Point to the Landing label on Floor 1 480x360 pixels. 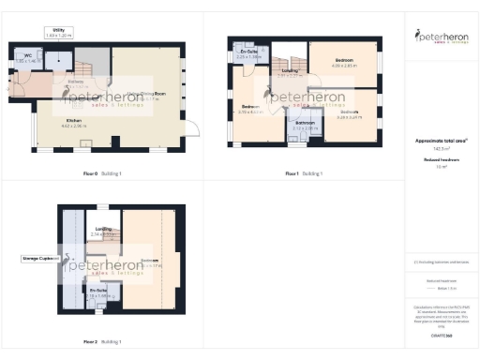coord(289,72)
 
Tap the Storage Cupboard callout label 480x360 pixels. coord(40,258)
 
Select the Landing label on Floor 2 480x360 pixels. coord(103,230)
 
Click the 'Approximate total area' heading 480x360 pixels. coord(440,141)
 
